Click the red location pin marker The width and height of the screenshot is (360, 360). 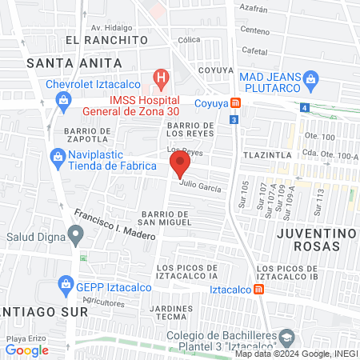pos(180,166)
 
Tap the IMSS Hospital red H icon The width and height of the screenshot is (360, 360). pos(162,78)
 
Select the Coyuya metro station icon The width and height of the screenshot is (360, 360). pos(234,102)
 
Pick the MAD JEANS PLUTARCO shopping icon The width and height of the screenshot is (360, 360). pos(311,78)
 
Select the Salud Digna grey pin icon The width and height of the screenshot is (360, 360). pos(76,235)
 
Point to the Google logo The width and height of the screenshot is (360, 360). pos(26,350)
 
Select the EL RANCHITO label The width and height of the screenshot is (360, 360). pos(107,39)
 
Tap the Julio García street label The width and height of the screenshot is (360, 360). pos(200,184)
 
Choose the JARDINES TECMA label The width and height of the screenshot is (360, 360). pos(173,313)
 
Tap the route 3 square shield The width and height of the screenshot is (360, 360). pos(233,119)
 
